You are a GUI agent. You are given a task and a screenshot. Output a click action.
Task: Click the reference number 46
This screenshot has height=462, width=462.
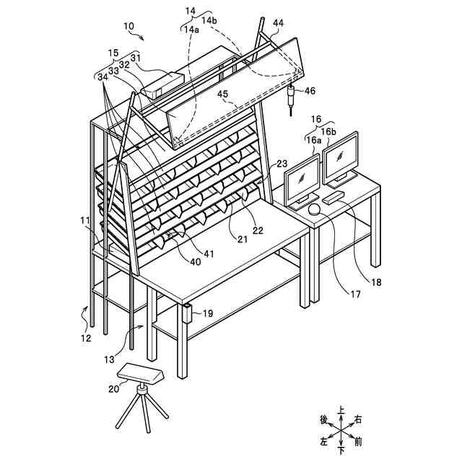click(x=309, y=91)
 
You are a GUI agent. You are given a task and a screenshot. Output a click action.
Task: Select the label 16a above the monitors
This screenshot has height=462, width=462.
click(x=313, y=141)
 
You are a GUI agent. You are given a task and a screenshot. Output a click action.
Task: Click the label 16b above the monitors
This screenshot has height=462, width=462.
click(x=328, y=131)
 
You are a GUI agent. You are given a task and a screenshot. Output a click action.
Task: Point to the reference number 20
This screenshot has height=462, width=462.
click(x=113, y=388)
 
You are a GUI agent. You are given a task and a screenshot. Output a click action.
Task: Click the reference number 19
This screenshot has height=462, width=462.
click(x=208, y=314)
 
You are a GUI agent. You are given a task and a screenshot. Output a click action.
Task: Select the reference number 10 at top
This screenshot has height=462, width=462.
click(x=128, y=27)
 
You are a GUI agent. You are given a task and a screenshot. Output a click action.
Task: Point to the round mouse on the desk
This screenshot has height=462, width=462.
click(x=315, y=209)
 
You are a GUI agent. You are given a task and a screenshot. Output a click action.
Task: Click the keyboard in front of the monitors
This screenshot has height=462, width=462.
click(x=333, y=196)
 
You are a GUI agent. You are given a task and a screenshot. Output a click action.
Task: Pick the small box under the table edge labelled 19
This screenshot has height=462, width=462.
click(x=187, y=314)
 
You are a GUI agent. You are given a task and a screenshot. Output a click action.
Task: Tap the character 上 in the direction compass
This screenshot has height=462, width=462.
click(x=341, y=409)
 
